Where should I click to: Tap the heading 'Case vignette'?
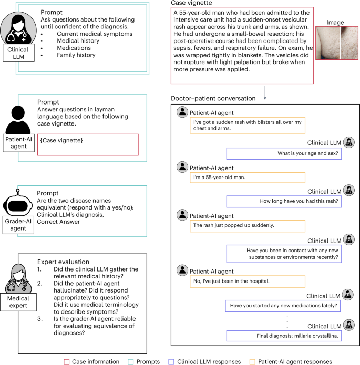point(193,4)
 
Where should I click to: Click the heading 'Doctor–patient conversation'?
point(213,99)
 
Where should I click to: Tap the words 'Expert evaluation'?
point(63,262)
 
